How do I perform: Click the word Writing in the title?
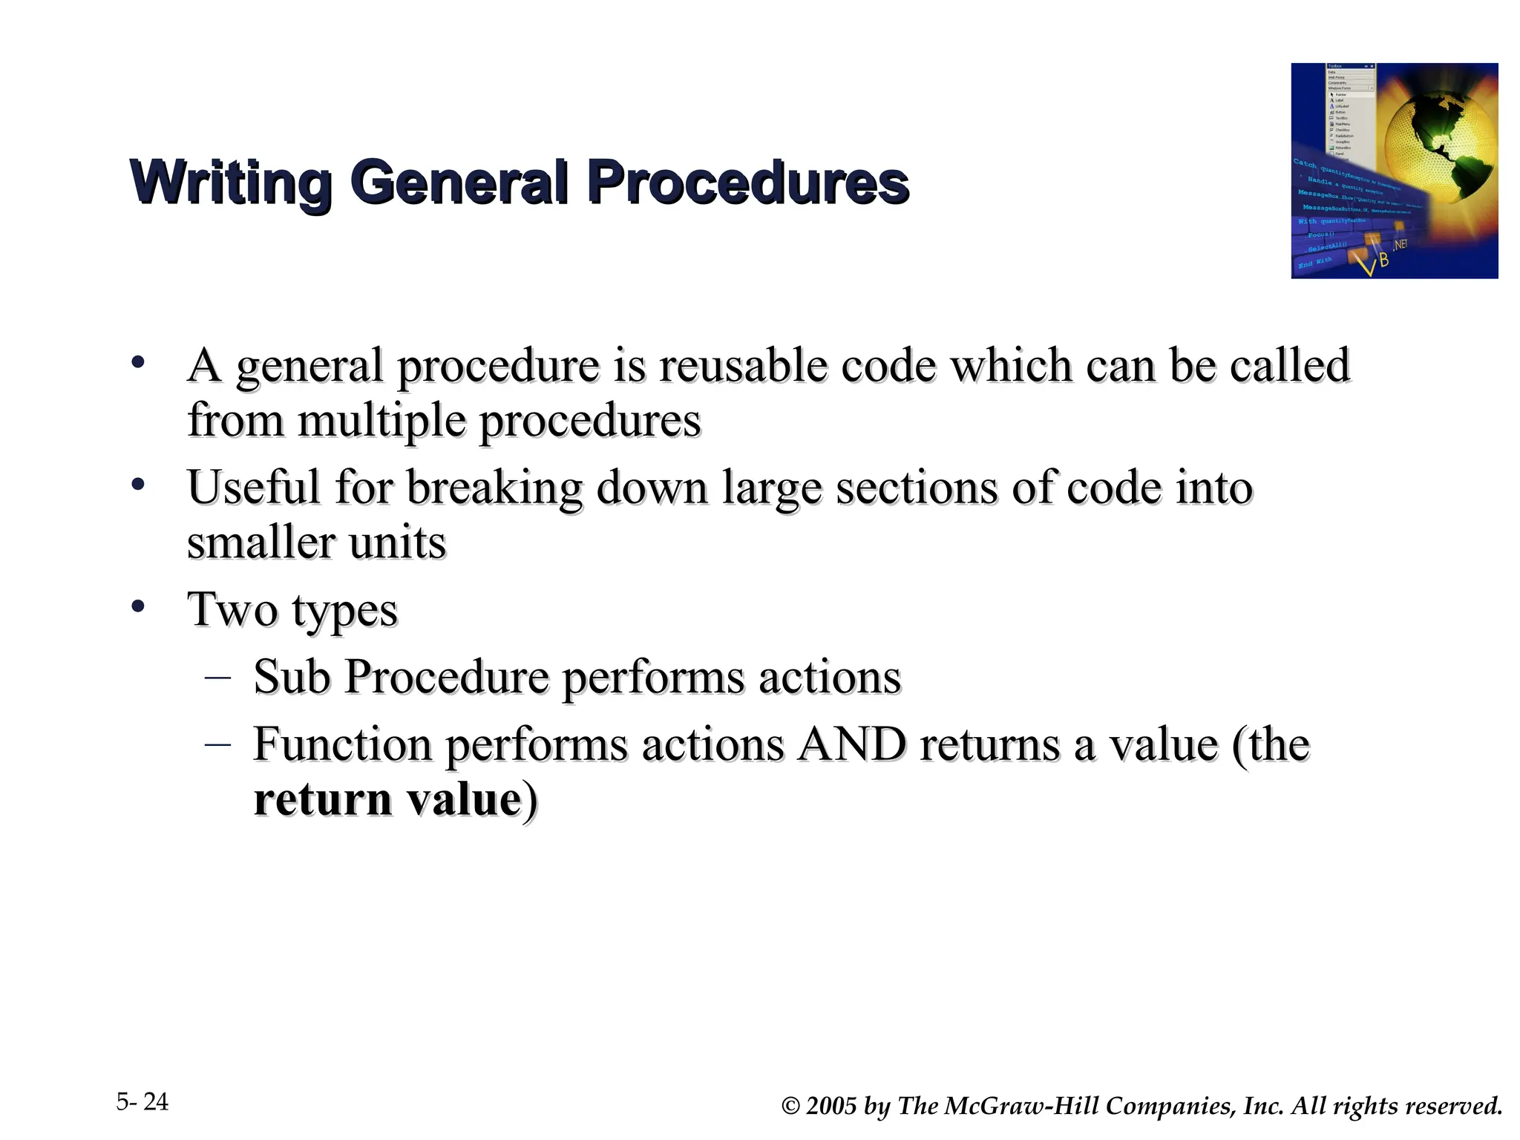230,183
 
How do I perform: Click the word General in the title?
460,183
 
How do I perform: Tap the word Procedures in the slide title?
748,183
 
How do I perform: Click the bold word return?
323,799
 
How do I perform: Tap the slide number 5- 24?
142,1102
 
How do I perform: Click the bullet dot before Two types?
137,607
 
